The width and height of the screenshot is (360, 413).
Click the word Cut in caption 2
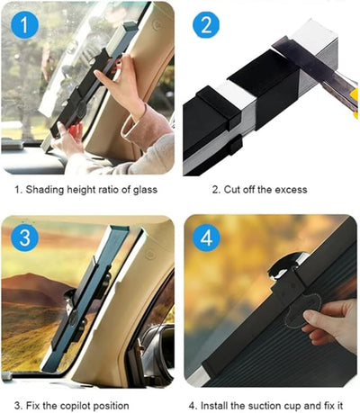232,190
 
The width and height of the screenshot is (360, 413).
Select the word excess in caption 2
290,190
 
